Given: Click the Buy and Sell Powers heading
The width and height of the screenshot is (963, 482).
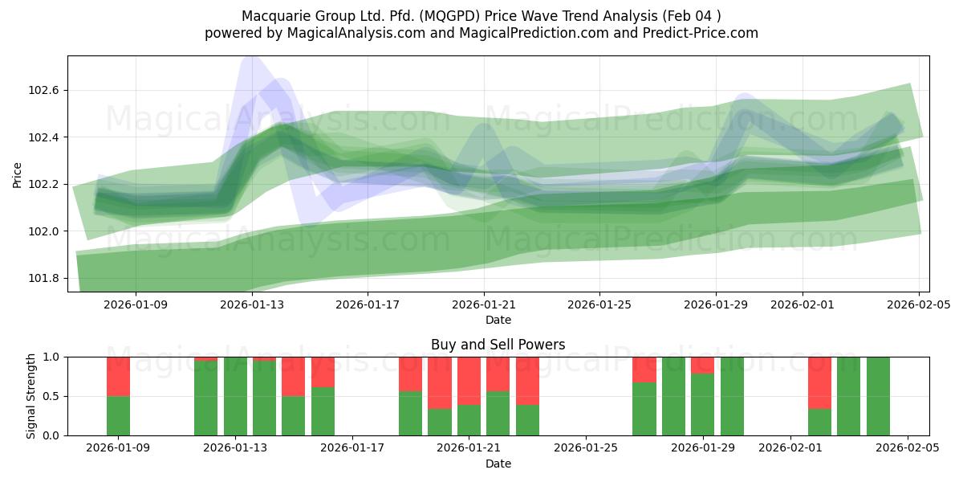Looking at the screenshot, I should click(x=498, y=345).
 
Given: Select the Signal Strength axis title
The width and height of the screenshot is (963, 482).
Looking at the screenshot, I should click(x=32, y=396).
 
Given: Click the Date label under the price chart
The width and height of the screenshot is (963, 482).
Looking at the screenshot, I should click(x=498, y=320).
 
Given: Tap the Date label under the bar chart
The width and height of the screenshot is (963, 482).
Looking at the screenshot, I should click(x=498, y=464).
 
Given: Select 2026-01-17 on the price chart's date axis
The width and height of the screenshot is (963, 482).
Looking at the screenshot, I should click(x=368, y=304).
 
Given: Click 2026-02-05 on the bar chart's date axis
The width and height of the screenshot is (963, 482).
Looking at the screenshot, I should click(x=908, y=448).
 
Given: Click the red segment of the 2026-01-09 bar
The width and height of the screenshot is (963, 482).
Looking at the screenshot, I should click(x=119, y=376).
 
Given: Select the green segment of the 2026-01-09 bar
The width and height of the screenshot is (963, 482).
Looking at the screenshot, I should click(x=119, y=415).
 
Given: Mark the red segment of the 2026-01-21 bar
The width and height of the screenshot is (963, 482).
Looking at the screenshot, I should click(x=469, y=381).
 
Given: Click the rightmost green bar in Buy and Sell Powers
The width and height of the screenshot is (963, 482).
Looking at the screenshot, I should click(x=878, y=396).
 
